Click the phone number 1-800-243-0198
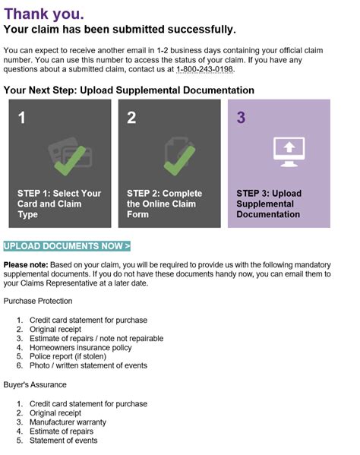205,70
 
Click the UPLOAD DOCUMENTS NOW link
67,246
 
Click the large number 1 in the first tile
23,118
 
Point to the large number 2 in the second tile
132,118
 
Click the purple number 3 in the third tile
242,118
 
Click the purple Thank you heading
44,13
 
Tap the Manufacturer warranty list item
68,422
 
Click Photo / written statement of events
87,365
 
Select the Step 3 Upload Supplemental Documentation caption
269,204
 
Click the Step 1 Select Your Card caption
59,204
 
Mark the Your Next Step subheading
128,90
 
